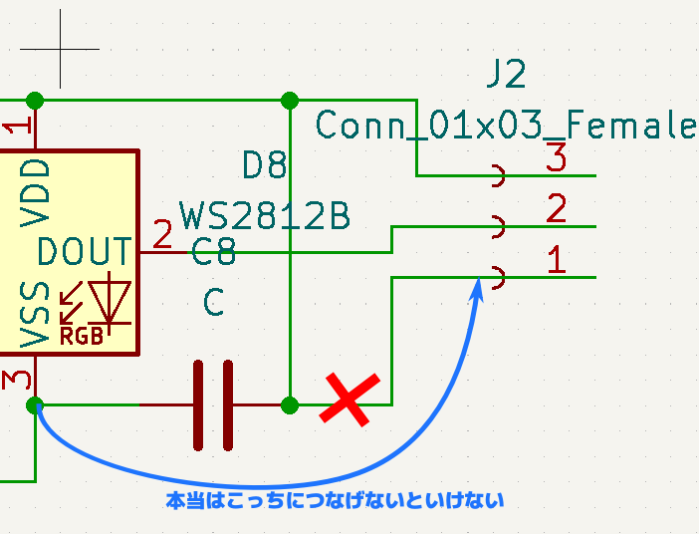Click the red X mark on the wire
pos(349,400)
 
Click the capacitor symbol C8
pos(214,404)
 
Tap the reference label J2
pos(505,75)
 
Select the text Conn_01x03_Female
pos(505,126)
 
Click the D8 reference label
pos(265,165)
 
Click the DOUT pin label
pos(85,252)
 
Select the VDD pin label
pos(37,190)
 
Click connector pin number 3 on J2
pos(556,157)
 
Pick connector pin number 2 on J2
pos(557,209)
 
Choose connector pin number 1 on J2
pos(557,260)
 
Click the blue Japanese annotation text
pos(335,500)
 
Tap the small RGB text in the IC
pos(82,337)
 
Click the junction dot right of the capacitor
pos(290,404)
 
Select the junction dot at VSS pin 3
pos(36,404)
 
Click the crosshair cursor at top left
pos(60,49)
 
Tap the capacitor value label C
pos(214,302)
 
